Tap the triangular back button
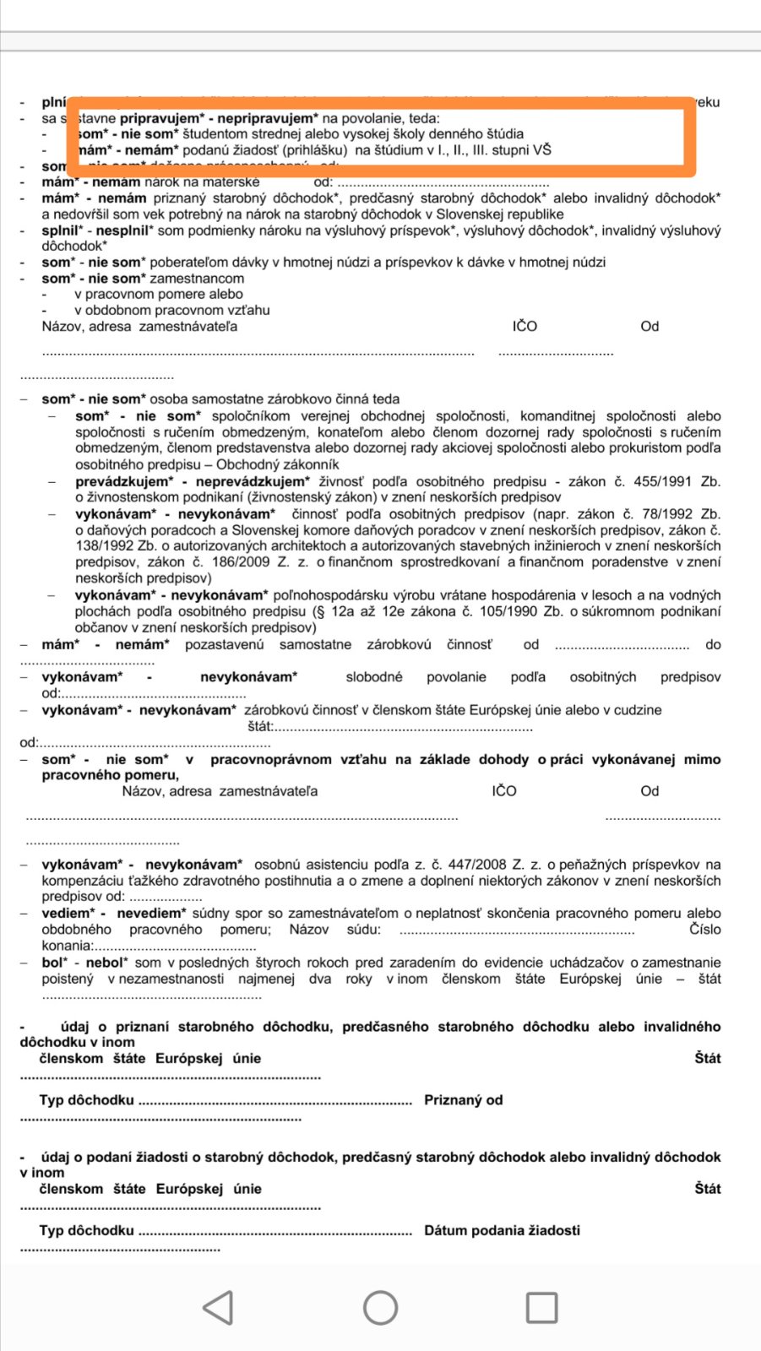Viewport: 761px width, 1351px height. coord(218,1307)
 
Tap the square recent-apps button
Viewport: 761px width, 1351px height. coord(541,1307)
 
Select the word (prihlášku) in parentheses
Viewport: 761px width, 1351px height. coord(315,149)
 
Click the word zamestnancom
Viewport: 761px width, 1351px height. coord(197,278)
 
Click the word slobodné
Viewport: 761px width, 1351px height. coord(374,676)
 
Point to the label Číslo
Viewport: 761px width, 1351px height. coord(704,929)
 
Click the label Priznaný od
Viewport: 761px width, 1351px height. coord(463,1099)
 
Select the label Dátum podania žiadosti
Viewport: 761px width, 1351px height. coord(502,1229)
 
